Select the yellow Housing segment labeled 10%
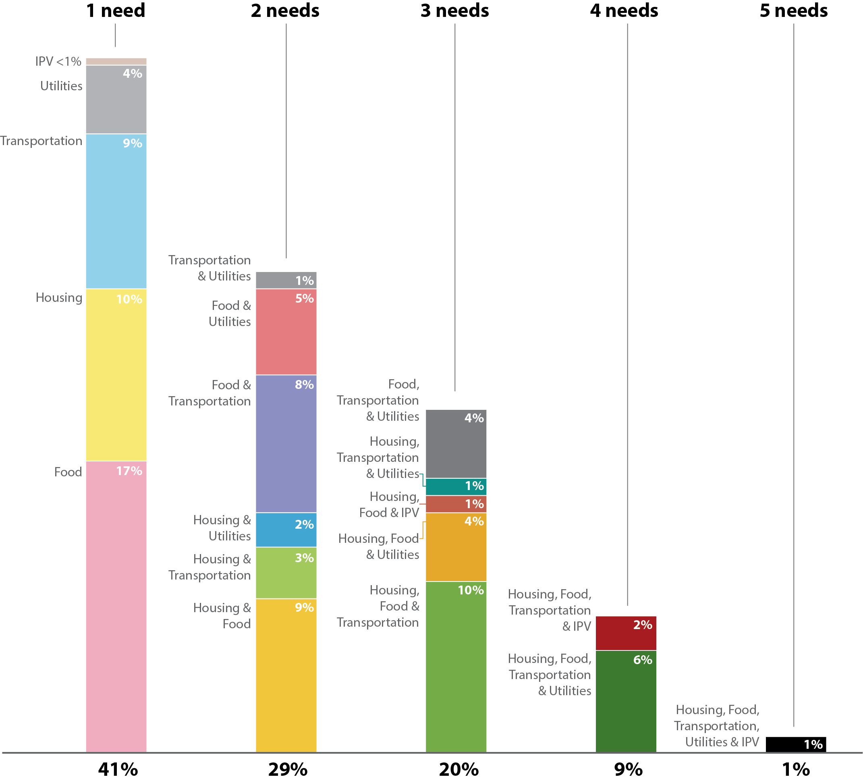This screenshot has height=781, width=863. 116,375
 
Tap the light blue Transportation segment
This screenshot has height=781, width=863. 116,211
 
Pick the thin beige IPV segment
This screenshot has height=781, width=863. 116,62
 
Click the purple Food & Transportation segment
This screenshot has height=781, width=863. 286,444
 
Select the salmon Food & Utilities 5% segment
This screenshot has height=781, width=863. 286,332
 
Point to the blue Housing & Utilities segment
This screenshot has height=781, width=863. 286,530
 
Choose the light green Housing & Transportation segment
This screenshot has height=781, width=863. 286,573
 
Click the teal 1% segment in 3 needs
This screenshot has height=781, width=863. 456,487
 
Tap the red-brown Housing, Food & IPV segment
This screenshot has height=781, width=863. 456,505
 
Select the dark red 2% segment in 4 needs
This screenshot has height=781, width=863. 626,633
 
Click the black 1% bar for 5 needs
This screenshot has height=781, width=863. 796,744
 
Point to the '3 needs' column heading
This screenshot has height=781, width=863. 454,11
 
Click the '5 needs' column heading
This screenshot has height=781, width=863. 794,11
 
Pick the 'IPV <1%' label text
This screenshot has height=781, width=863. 58,62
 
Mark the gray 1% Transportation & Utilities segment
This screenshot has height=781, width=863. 286,280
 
